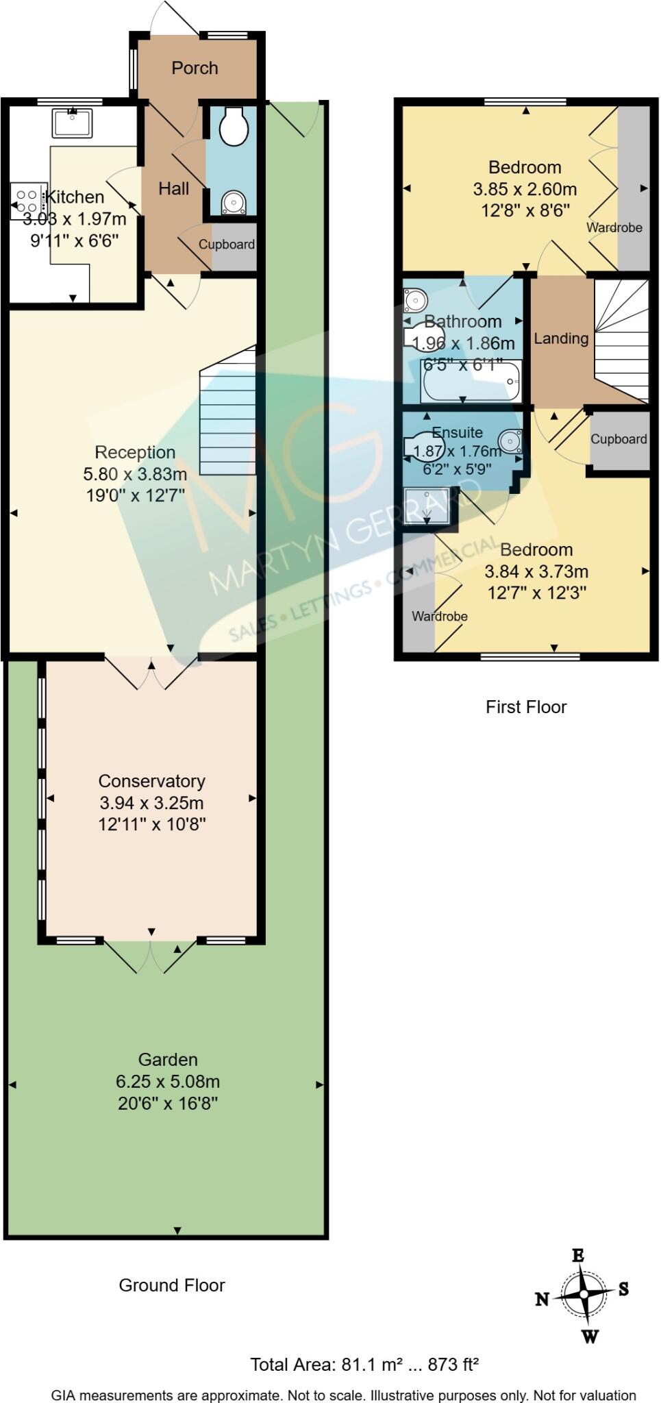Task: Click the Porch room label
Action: (195, 68)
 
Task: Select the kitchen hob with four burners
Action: (28, 201)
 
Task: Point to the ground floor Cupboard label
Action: (227, 245)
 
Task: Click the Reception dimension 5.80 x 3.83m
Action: (135, 473)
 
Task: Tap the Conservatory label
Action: (151, 781)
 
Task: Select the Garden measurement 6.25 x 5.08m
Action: (168, 1082)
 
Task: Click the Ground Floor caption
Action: (172, 1285)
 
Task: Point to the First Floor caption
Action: (526, 707)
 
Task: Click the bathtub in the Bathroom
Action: (471, 381)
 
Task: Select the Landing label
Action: (561, 338)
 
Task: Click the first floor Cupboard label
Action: (619, 439)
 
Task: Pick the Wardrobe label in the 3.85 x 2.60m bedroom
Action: (614, 227)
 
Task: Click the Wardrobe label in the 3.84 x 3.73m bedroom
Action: (440, 617)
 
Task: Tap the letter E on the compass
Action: (578, 1255)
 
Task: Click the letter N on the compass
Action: (542, 1298)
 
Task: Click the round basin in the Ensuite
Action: (510, 441)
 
